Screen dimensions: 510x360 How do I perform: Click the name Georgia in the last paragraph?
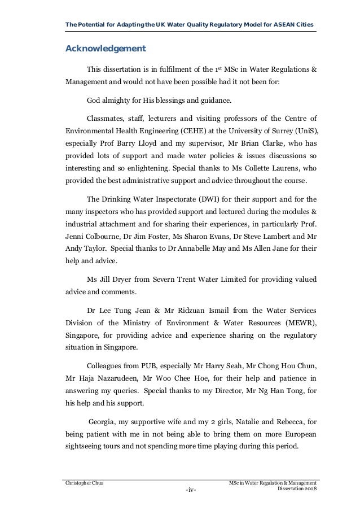[103, 421]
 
